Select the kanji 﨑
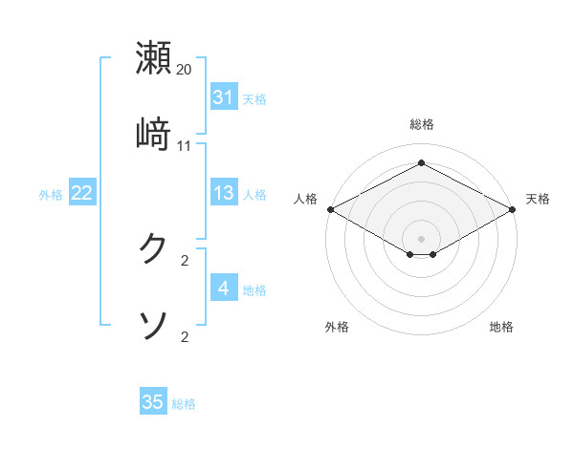point(153,134)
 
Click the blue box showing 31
point(223,96)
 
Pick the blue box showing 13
point(223,193)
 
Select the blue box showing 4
point(223,289)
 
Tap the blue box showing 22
point(81,193)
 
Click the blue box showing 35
point(153,402)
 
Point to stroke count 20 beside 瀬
point(184,70)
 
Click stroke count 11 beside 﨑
point(184,146)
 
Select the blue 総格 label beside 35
point(184,404)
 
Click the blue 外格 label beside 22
point(51,194)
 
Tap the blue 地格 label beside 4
point(254,289)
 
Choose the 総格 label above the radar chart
point(422,124)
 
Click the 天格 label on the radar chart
point(539,199)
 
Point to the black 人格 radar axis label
point(306,199)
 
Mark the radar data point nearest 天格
point(514,209)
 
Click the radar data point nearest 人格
point(330,209)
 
